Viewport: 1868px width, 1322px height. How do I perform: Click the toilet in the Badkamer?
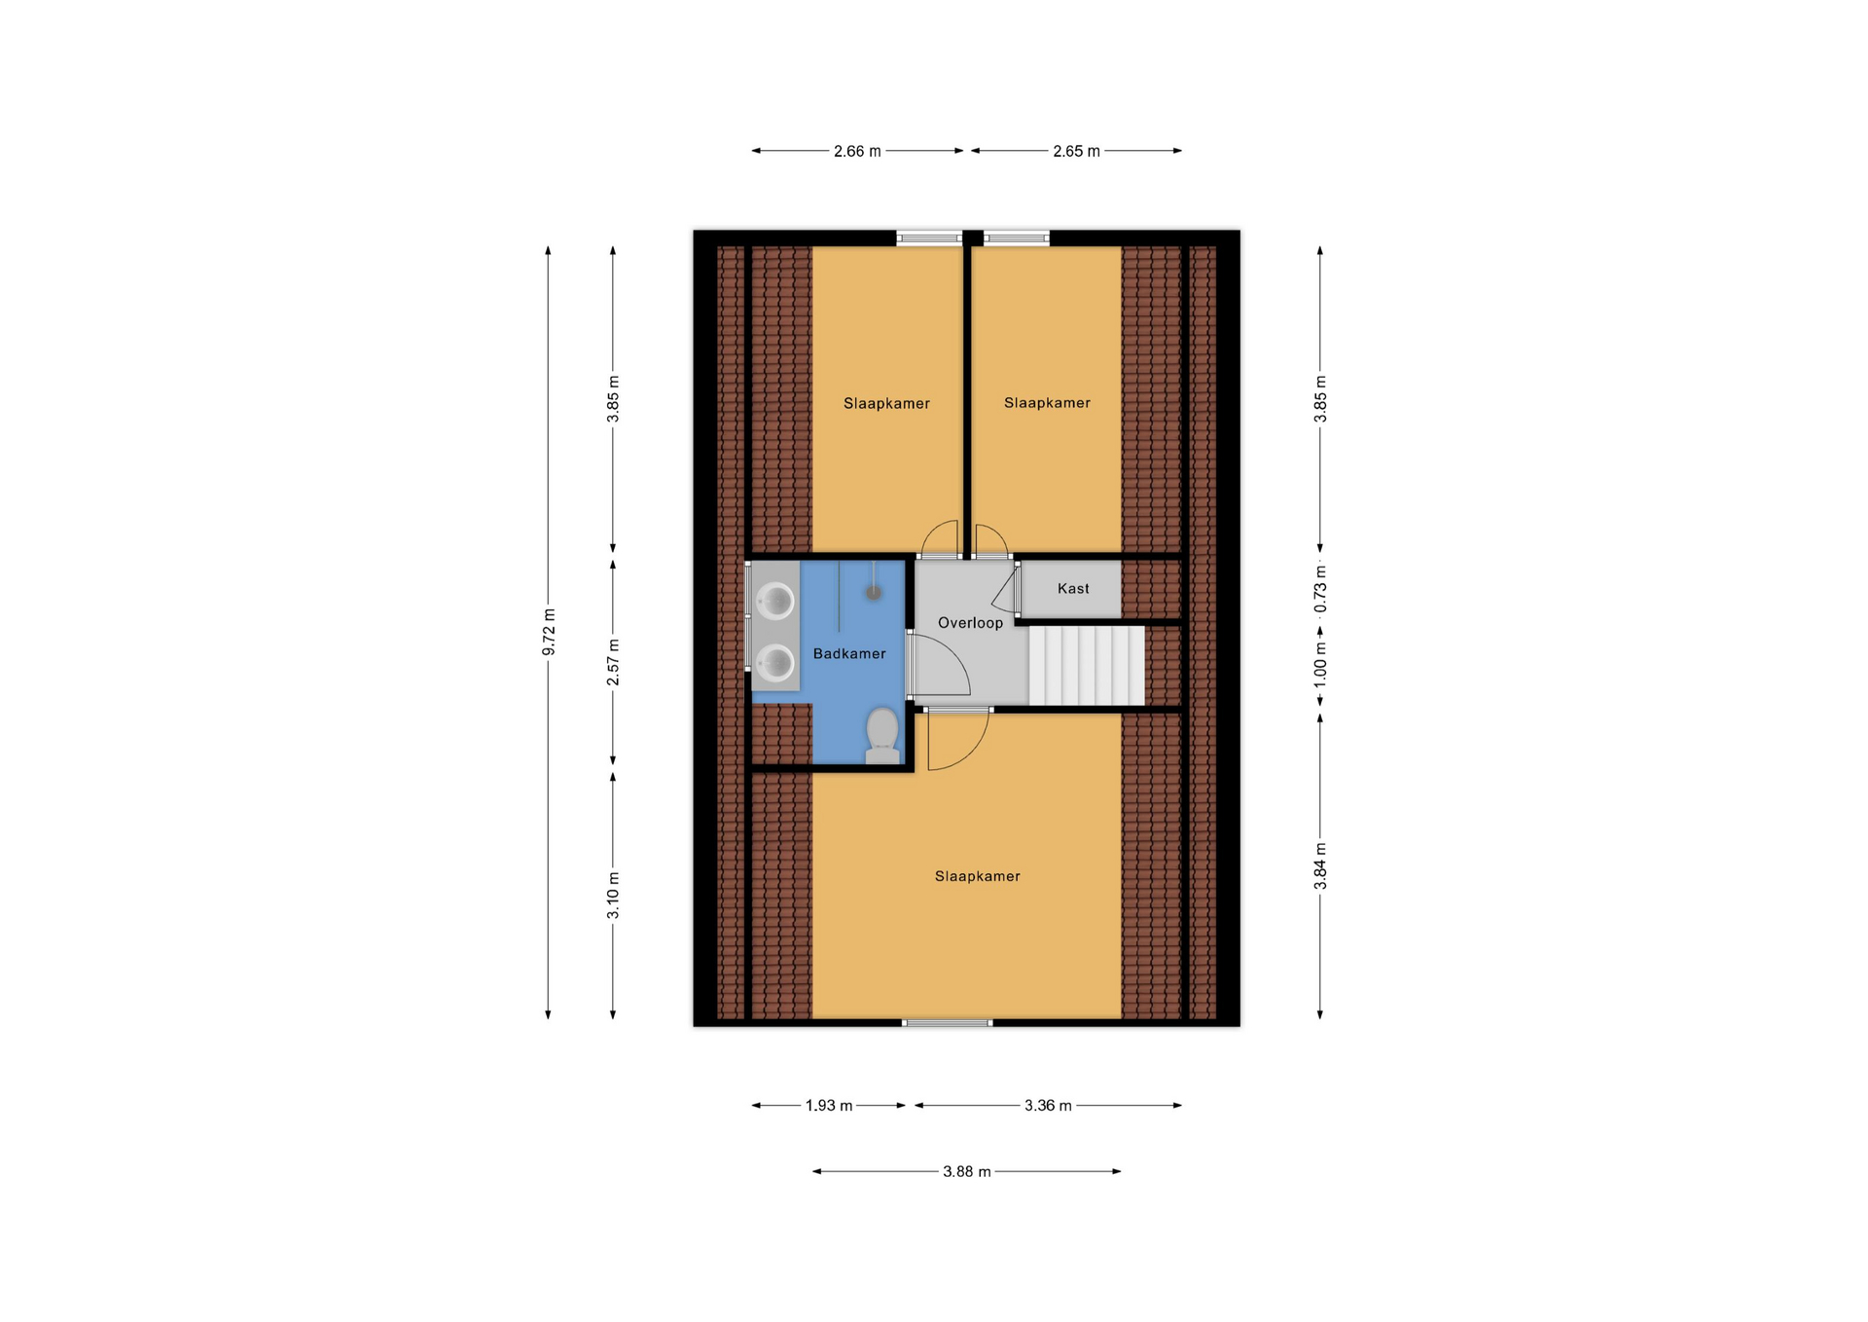tap(882, 736)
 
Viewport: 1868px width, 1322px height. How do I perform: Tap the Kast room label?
tap(1073, 588)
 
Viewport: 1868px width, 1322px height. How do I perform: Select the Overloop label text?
tap(970, 623)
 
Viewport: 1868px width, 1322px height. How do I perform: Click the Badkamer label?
tap(849, 654)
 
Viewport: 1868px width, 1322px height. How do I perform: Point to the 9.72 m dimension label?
tap(549, 632)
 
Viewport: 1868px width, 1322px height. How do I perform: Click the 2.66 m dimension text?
tap(857, 151)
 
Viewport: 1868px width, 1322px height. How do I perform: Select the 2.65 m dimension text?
tap(1076, 151)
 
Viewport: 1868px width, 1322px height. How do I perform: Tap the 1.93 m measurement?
tap(829, 1106)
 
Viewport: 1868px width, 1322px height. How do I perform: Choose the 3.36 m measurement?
tap(1048, 1106)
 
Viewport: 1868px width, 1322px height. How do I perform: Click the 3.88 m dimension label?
tap(967, 1172)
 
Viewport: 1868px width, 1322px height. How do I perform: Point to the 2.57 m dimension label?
tap(613, 662)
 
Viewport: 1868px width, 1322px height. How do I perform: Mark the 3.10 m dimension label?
tap(613, 896)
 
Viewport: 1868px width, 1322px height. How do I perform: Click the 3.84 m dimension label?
tap(1320, 865)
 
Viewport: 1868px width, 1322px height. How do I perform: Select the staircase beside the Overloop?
tap(1087, 666)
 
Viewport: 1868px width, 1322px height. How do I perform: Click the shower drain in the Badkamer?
tap(874, 591)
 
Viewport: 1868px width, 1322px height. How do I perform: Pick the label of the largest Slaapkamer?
tap(978, 876)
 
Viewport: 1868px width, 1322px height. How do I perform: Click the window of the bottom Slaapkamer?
tap(948, 1023)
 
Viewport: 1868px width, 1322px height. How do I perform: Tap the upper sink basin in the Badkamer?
tap(776, 601)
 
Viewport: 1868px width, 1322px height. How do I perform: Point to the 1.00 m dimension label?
tap(1320, 665)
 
